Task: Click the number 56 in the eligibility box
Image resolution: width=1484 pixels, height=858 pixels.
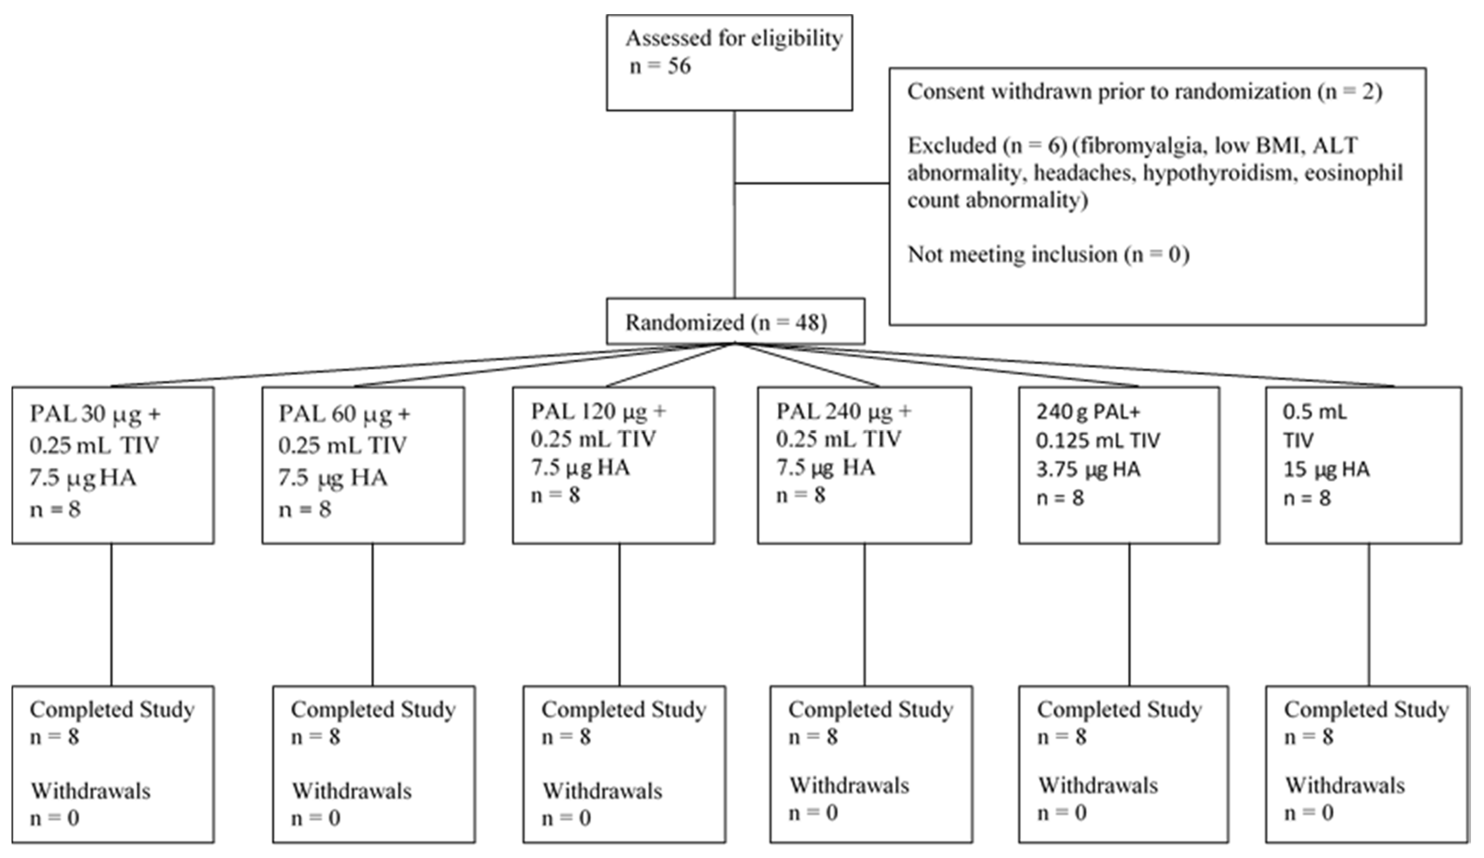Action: (678, 66)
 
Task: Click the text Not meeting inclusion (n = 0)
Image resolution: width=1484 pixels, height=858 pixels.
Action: (1048, 254)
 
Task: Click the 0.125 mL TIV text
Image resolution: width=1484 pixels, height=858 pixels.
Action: (1097, 440)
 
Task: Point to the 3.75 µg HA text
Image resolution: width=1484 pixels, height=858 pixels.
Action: (1088, 469)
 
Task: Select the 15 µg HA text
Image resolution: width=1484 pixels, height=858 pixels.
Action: (1326, 469)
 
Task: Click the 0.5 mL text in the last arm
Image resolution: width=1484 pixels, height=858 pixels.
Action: (1315, 412)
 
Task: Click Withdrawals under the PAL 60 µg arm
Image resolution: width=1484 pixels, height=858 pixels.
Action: (352, 791)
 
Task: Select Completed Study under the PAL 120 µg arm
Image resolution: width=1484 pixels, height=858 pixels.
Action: (623, 710)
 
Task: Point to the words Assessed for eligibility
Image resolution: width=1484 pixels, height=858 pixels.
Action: (734, 38)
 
